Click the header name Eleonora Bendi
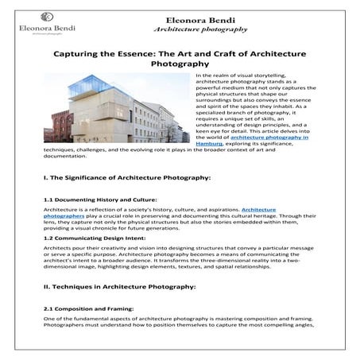[x=199, y=17]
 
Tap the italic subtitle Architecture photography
[x=199, y=29]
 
